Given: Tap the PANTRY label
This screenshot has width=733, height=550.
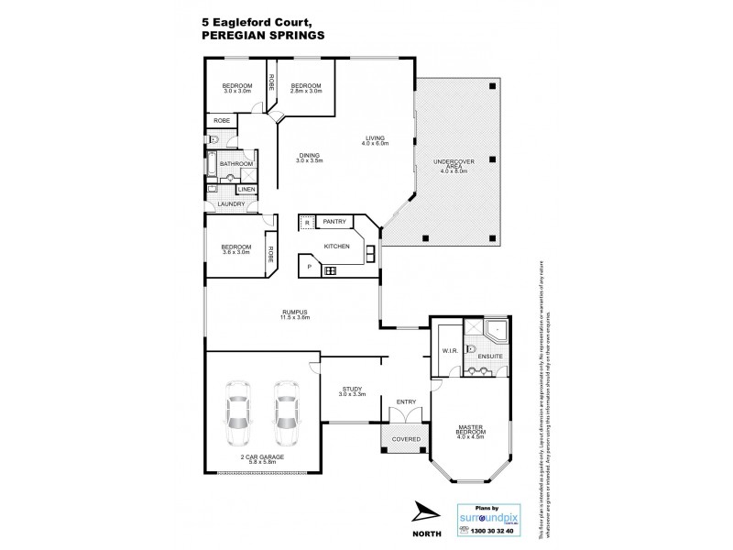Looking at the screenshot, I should point(334,221).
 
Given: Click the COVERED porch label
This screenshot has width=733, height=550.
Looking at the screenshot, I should point(406,439).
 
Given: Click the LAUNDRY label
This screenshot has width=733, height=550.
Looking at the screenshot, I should point(231,203).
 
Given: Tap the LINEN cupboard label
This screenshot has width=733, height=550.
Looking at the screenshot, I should point(246,189).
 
